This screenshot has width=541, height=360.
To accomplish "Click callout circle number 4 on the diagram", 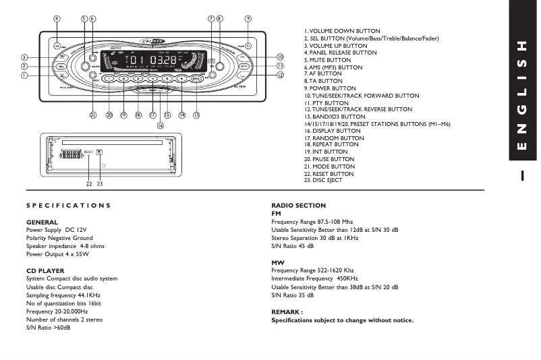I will [57, 19].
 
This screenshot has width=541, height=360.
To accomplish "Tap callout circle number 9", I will [248, 19].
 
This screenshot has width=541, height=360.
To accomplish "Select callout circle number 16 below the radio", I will [160, 125].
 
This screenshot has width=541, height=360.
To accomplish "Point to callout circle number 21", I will [93, 115].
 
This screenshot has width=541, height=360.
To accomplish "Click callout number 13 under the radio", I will [196, 115].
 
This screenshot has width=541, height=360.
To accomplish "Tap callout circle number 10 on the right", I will [279, 57].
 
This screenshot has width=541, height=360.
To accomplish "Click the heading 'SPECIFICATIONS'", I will [68, 205].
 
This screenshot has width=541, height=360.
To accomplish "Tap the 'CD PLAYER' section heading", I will [45, 270].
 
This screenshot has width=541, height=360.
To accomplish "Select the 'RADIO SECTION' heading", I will [298, 205].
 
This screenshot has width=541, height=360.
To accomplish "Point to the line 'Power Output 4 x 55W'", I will [58, 254].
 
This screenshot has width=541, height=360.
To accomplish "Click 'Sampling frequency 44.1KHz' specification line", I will [63, 295].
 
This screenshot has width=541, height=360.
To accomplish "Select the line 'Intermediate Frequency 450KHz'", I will [314, 278].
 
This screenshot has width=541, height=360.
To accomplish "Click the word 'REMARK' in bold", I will [286, 312].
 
